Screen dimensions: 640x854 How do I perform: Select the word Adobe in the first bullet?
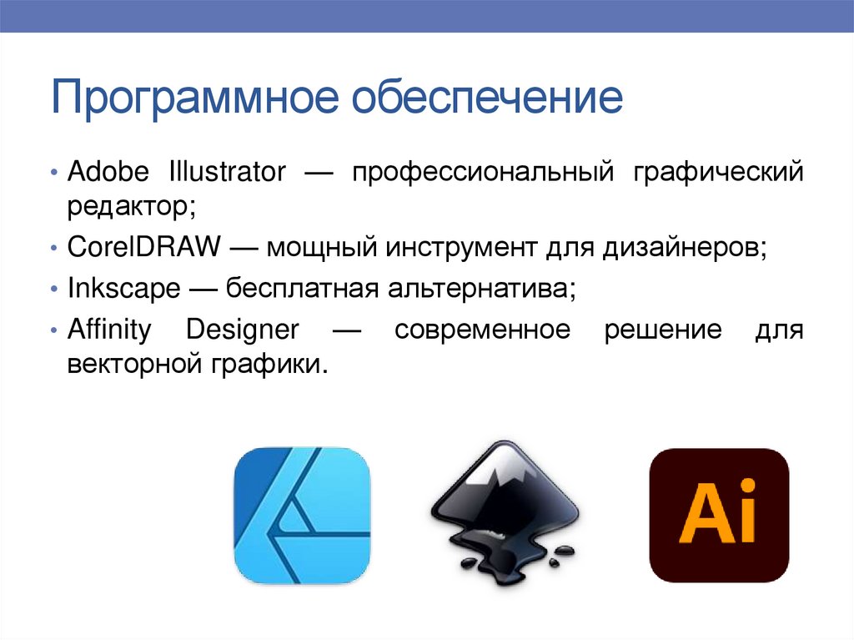tap(108, 173)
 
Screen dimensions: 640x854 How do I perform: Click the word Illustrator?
tap(227, 173)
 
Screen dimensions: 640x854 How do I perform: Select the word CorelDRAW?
tap(143, 248)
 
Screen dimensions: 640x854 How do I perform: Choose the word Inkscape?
tap(123, 289)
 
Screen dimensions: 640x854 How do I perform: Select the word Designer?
tap(242, 330)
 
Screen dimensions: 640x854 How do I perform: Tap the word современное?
tap(483, 330)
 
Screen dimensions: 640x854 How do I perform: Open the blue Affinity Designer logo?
tap(302, 515)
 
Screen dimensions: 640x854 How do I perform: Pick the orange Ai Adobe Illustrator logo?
tap(719, 515)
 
